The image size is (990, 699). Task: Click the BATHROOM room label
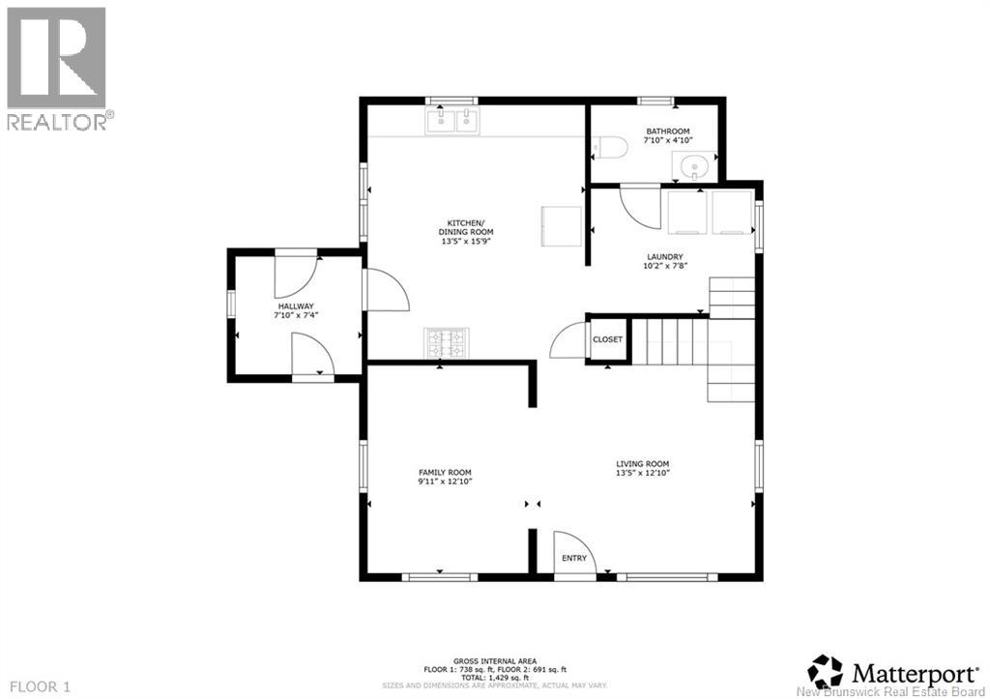click(668, 131)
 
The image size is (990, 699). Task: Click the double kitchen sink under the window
click(451, 120)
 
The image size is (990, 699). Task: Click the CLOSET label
click(608, 340)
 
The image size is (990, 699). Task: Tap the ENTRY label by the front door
click(574, 558)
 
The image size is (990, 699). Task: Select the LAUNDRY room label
click(665, 257)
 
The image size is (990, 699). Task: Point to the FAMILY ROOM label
click(445, 473)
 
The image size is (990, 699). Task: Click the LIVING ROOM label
click(643, 464)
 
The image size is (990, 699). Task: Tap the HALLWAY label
click(296, 306)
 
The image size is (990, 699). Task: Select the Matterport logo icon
click(825, 670)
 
